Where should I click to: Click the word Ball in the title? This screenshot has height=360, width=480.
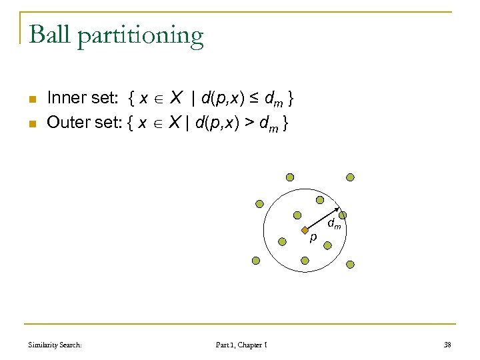pyautogui.click(x=50, y=35)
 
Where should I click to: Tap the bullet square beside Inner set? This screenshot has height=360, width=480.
pyautogui.click(x=31, y=100)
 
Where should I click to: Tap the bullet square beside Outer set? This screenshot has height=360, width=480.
pyautogui.click(x=31, y=123)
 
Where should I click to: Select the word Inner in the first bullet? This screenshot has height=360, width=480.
pyautogui.click(x=67, y=99)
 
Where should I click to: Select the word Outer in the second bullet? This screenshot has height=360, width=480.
pyautogui.click(x=68, y=123)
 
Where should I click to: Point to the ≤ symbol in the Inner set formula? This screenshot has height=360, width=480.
pyautogui.click(x=253, y=99)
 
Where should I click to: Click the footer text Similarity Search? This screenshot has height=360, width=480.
pyautogui.click(x=55, y=345)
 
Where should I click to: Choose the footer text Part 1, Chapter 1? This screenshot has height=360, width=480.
pyautogui.click(x=242, y=345)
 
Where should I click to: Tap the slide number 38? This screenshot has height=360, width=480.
pyautogui.click(x=447, y=345)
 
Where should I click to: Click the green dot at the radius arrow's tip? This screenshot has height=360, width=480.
pyautogui.click(x=343, y=215)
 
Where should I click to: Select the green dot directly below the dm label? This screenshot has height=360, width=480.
pyautogui.click(x=327, y=245)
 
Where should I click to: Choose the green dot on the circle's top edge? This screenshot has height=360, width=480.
pyautogui.click(x=320, y=199)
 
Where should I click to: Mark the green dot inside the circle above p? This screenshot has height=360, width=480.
pyautogui.click(x=298, y=215)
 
